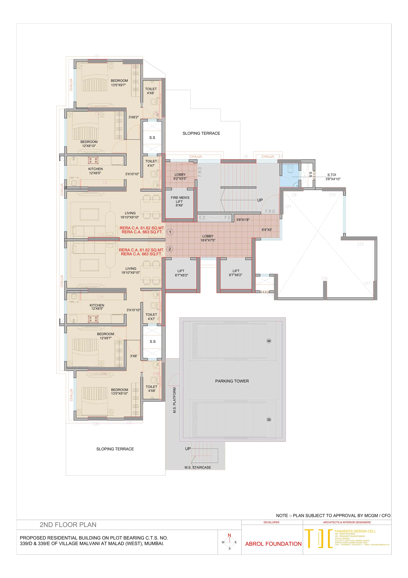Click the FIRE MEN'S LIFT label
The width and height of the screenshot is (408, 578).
pos(180,201)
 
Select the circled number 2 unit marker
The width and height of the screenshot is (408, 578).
pos(170,249)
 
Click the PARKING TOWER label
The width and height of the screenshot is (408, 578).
pos(232,381)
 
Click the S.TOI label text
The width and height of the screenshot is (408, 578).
pos(332,175)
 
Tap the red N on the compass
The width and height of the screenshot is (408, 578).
pos(229,535)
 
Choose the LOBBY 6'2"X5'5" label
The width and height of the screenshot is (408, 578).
pos(180,176)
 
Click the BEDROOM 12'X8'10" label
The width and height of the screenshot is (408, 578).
pos(89,144)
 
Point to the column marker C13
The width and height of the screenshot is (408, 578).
pos(360,244)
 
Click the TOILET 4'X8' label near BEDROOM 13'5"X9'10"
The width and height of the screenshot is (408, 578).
pos(151,389)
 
